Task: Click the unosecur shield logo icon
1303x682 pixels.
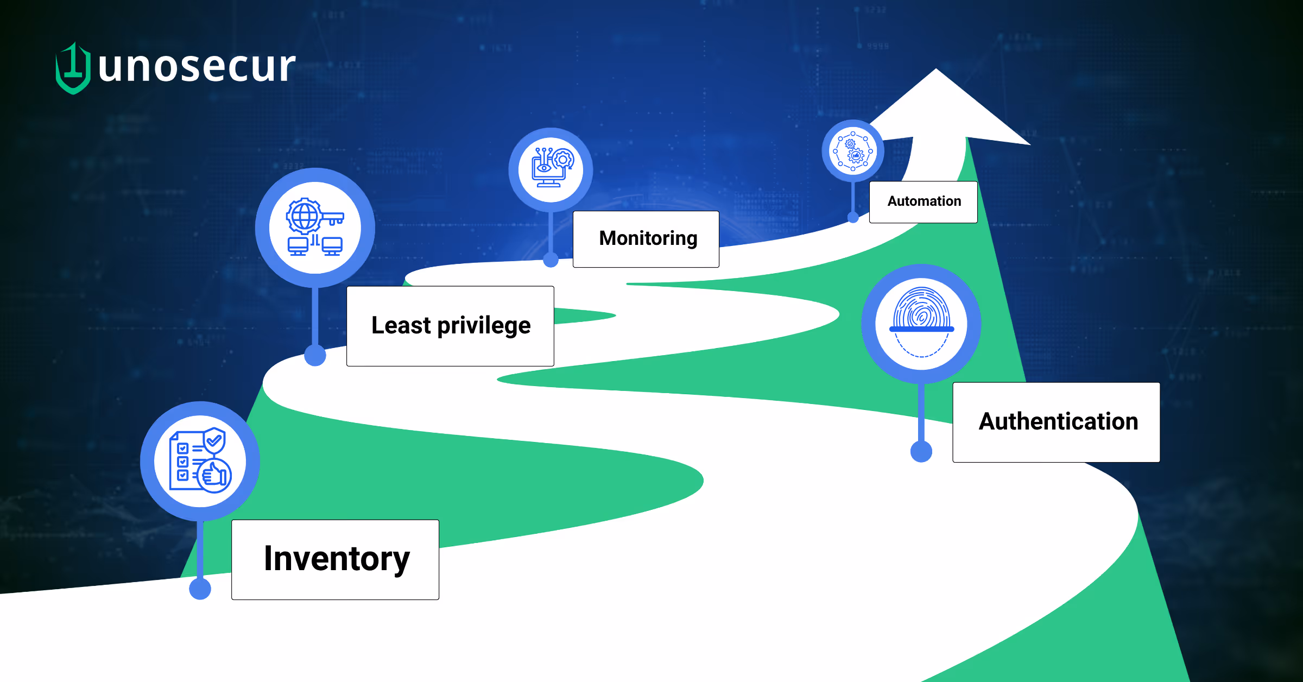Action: point(73,68)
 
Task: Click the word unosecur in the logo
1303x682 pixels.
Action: point(197,66)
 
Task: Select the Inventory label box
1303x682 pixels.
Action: point(336,560)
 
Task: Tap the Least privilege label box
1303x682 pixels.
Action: point(451,326)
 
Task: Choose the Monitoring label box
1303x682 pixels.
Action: point(646,239)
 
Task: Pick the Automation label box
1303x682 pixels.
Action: point(924,202)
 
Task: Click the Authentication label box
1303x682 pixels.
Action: point(1057,422)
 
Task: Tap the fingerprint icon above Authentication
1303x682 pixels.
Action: point(921,322)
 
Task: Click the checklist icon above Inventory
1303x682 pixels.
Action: point(200,460)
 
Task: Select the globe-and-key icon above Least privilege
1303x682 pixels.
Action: point(315,227)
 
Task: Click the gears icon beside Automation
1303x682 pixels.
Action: point(853,151)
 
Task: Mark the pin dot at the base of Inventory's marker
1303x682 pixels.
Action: point(200,589)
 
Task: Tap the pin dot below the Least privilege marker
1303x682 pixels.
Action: point(315,355)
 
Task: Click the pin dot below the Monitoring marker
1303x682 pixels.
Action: point(551,260)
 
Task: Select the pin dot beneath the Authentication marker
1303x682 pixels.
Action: point(921,451)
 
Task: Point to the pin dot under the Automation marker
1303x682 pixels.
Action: point(853,217)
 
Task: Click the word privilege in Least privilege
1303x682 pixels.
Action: point(484,326)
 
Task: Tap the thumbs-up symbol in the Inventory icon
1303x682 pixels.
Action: point(214,476)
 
